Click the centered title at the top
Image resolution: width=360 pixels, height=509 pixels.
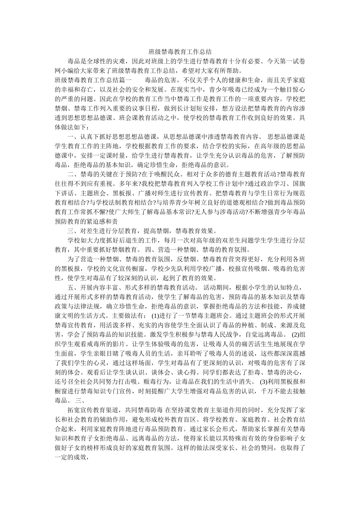click(x=180, y=52)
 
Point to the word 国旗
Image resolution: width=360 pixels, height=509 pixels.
click(x=299, y=184)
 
